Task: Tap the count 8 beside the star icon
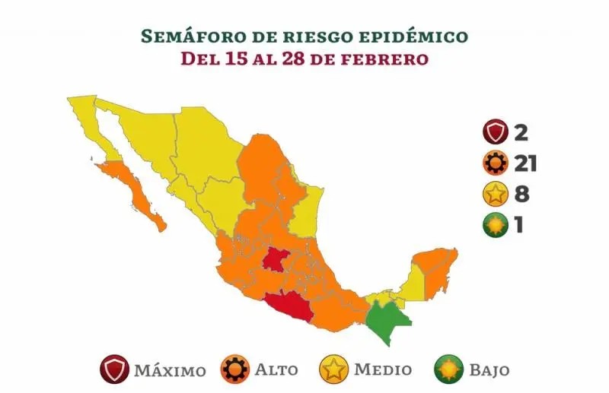[x=521, y=193]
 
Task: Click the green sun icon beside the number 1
[x=496, y=226]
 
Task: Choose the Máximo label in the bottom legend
[x=169, y=371]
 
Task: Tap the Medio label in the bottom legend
[x=383, y=370]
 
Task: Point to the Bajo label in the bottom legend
[x=489, y=370]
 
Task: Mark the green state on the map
[x=385, y=320]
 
